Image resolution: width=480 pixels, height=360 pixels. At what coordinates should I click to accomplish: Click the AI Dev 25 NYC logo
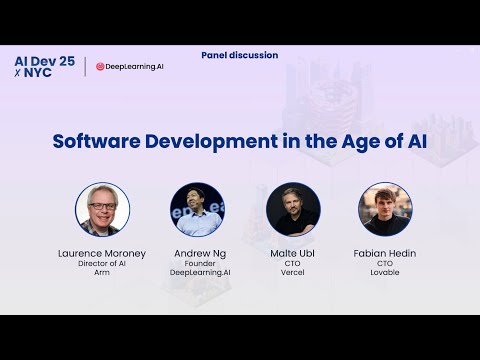click(45, 67)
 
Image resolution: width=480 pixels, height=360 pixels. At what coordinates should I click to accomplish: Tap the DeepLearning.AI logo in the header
click(129, 67)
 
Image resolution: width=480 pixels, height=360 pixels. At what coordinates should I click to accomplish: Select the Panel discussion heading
click(239, 55)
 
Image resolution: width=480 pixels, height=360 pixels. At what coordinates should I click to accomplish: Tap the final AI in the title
click(413, 141)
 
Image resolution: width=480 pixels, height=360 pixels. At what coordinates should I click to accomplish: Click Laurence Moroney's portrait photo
click(103, 209)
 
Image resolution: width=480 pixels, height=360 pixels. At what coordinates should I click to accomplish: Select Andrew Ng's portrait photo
click(197, 209)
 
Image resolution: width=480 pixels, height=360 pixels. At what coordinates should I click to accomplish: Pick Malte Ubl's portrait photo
click(293, 209)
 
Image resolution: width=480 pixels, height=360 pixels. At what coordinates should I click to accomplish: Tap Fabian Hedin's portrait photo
click(385, 209)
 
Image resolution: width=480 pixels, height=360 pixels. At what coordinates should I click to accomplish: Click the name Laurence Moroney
click(103, 253)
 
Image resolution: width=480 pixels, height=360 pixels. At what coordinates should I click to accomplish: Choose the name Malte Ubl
click(293, 253)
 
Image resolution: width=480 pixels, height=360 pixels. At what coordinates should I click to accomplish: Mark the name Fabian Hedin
click(385, 253)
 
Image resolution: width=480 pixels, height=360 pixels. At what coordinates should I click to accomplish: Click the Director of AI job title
click(103, 265)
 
